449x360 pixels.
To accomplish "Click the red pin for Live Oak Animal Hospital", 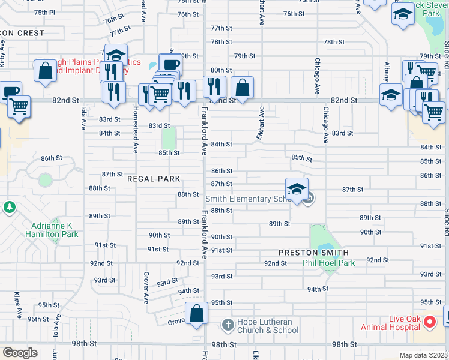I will pyautogui.click(x=430, y=323).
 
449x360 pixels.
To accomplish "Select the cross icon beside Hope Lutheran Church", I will pyautogui.click(x=228, y=325).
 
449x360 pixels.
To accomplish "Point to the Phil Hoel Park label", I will pyautogui.click(x=328, y=263).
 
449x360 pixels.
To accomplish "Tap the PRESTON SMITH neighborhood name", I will pyautogui.click(x=313, y=253).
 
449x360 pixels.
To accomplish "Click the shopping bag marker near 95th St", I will pyautogui.click(x=197, y=313).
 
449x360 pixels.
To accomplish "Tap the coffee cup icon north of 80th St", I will pyautogui.click(x=170, y=64).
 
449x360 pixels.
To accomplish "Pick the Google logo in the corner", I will pyautogui.click(x=20, y=353).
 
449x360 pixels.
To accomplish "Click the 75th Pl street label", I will pyautogui.click(x=44, y=12).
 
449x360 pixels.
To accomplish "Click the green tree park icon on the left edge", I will pyautogui.click(x=9, y=208).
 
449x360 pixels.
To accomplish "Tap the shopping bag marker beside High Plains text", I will pyautogui.click(x=46, y=71).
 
